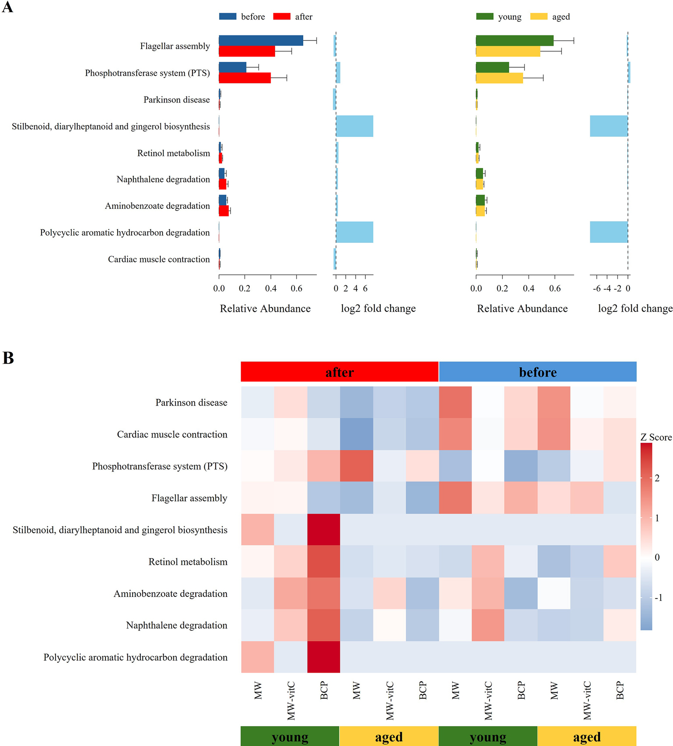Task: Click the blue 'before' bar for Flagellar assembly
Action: [x=260, y=40]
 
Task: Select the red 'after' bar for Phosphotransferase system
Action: [x=244, y=78]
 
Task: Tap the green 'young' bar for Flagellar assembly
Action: [x=514, y=40]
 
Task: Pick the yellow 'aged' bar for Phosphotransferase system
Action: [x=499, y=78]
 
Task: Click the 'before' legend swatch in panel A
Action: [x=228, y=16]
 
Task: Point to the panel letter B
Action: [x=8, y=358]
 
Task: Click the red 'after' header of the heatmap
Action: [x=339, y=372]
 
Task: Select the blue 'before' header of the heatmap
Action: [x=538, y=372]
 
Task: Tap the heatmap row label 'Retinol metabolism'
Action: [x=188, y=561]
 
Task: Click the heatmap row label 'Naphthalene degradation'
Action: [x=176, y=625]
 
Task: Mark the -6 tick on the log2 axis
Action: [x=597, y=288]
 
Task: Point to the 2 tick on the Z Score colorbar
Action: [x=657, y=478]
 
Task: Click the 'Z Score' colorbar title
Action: [x=656, y=437]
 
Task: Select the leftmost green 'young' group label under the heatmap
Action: [x=290, y=736]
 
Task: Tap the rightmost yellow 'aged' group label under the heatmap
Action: [x=587, y=736]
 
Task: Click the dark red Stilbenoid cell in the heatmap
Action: [x=323, y=530]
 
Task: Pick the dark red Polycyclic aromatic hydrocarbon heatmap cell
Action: [x=323, y=657]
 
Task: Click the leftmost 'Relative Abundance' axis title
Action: [x=265, y=308]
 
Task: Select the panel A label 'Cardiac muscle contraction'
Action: [x=159, y=259]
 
